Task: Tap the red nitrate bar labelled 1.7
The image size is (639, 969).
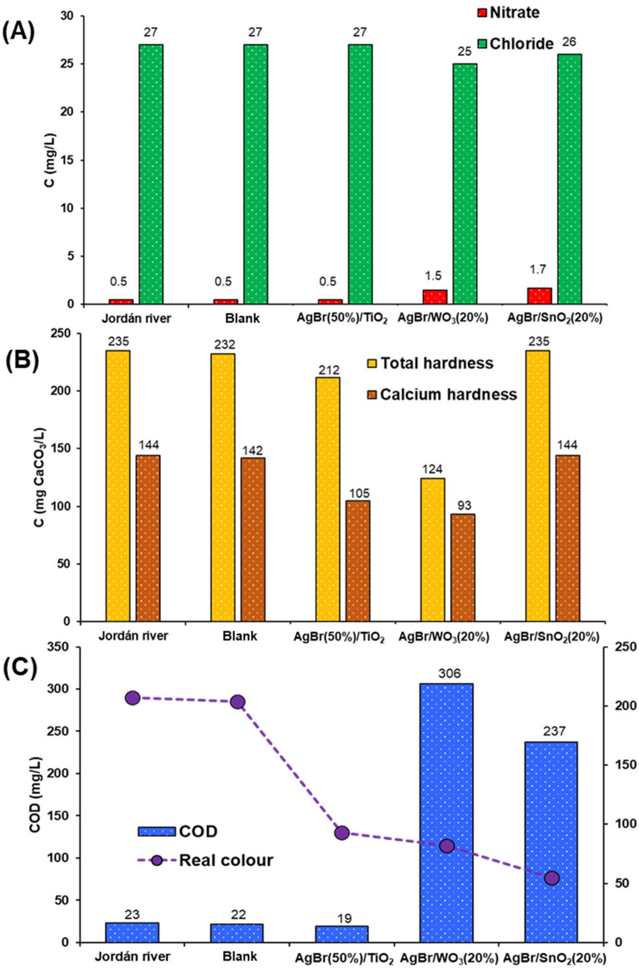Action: tap(539, 295)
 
